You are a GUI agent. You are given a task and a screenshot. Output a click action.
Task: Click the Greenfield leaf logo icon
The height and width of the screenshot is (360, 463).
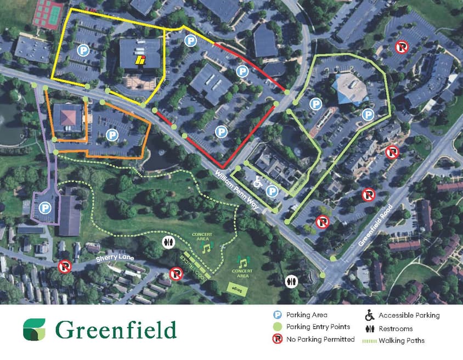34,329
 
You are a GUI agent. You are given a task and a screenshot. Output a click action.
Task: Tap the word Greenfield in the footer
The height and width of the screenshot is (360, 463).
116,330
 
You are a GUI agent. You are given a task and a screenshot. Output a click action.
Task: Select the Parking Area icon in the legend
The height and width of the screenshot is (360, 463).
278,315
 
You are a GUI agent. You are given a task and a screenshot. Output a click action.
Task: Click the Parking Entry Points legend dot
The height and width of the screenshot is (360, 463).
278,327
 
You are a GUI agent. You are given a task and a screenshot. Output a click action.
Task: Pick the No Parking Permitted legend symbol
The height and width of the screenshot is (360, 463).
278,340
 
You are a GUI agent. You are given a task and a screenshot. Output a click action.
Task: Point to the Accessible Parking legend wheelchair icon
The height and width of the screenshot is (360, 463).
370,316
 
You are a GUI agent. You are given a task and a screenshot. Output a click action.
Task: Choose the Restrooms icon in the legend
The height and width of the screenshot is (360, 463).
370,329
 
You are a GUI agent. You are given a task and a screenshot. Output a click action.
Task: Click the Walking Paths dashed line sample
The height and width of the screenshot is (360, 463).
369,341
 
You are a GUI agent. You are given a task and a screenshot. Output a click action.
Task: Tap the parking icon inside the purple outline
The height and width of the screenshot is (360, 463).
45,209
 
